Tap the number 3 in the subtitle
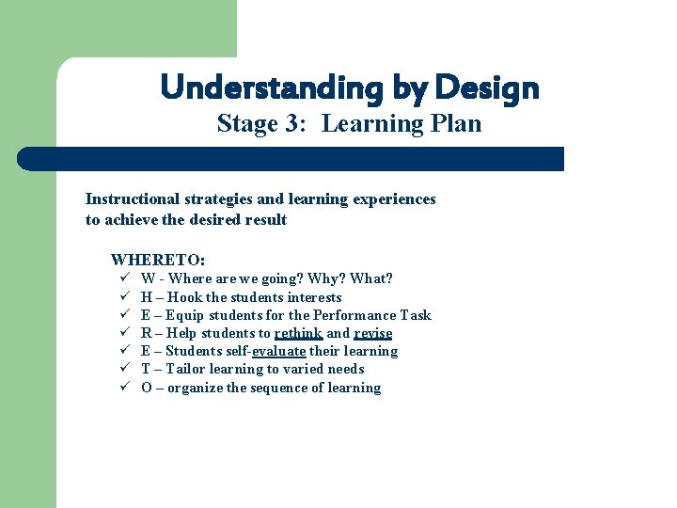(x=294, y=123)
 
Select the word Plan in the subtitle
(x=454, y=123)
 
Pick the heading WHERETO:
(x=158, y=260)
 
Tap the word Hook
(x=185, y=297)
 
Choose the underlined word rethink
(x=298, y=333)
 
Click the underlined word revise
(x=372, y=333)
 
